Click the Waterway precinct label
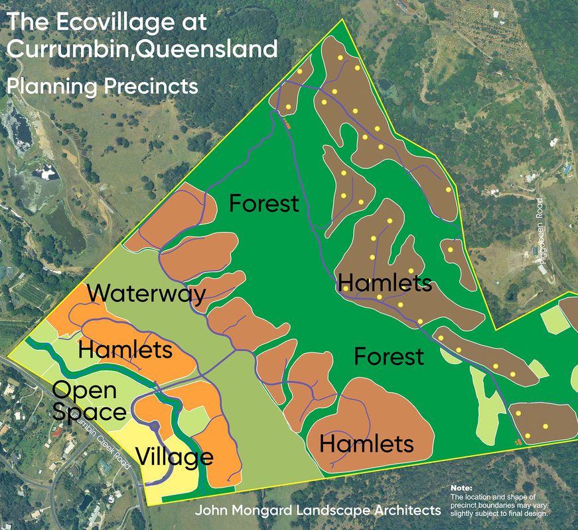coord(146,293)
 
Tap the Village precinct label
coord(175,456)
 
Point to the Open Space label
coord(88,400)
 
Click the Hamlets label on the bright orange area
coord(126,348)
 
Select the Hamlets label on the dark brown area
coord(385,284)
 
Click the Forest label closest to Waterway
coord(264,203)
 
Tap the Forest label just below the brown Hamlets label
coord(388,356)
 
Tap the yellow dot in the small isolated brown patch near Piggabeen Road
coord(451,250)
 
